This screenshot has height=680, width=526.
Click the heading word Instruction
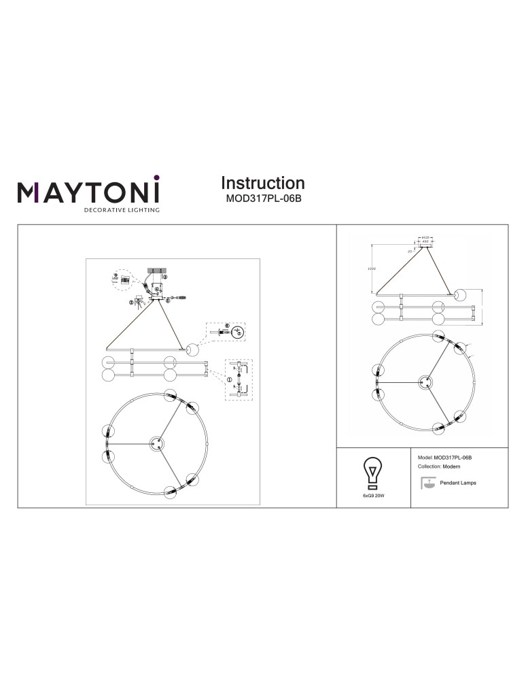coord(262,183)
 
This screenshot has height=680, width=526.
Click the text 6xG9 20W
coord(372,497)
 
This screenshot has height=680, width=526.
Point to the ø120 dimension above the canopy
coord(425,237)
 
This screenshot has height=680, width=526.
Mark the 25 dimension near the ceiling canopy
coord(410,251)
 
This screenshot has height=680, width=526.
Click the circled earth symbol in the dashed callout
coord(237,333)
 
